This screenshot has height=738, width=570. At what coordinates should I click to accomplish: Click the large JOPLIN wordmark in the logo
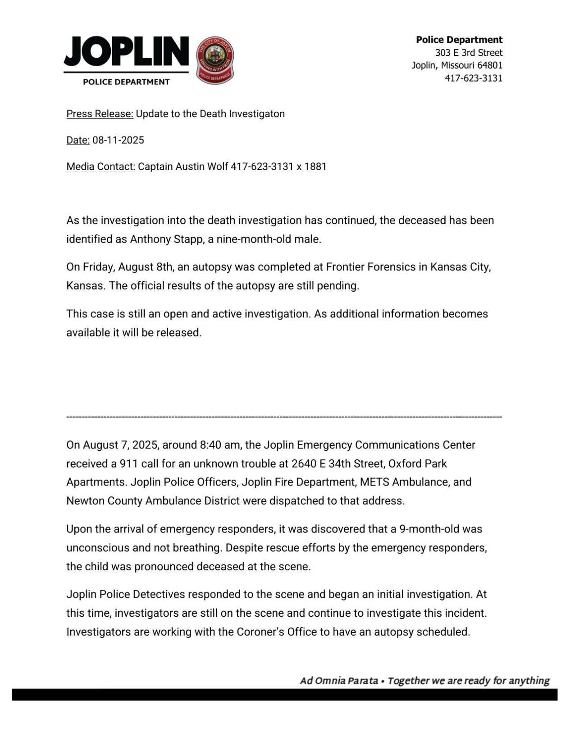(126, 51)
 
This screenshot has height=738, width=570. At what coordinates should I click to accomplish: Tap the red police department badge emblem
(216, 60)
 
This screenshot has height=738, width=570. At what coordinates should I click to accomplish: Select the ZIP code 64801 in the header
(489, 65)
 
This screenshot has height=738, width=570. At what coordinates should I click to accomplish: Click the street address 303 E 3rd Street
(469, 53)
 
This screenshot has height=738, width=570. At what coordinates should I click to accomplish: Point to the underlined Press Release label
(100, 114)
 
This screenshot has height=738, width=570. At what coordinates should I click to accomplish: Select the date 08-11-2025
(118, 140)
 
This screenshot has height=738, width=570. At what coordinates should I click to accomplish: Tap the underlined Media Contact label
(100, 167)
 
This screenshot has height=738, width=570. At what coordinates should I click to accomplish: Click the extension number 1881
(315, 167)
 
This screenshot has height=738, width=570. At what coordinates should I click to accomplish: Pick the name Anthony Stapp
(166, 239)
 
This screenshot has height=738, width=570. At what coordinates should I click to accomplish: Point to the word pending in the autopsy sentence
(341, 286)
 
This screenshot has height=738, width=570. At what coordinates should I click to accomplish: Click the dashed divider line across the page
(284, 417)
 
